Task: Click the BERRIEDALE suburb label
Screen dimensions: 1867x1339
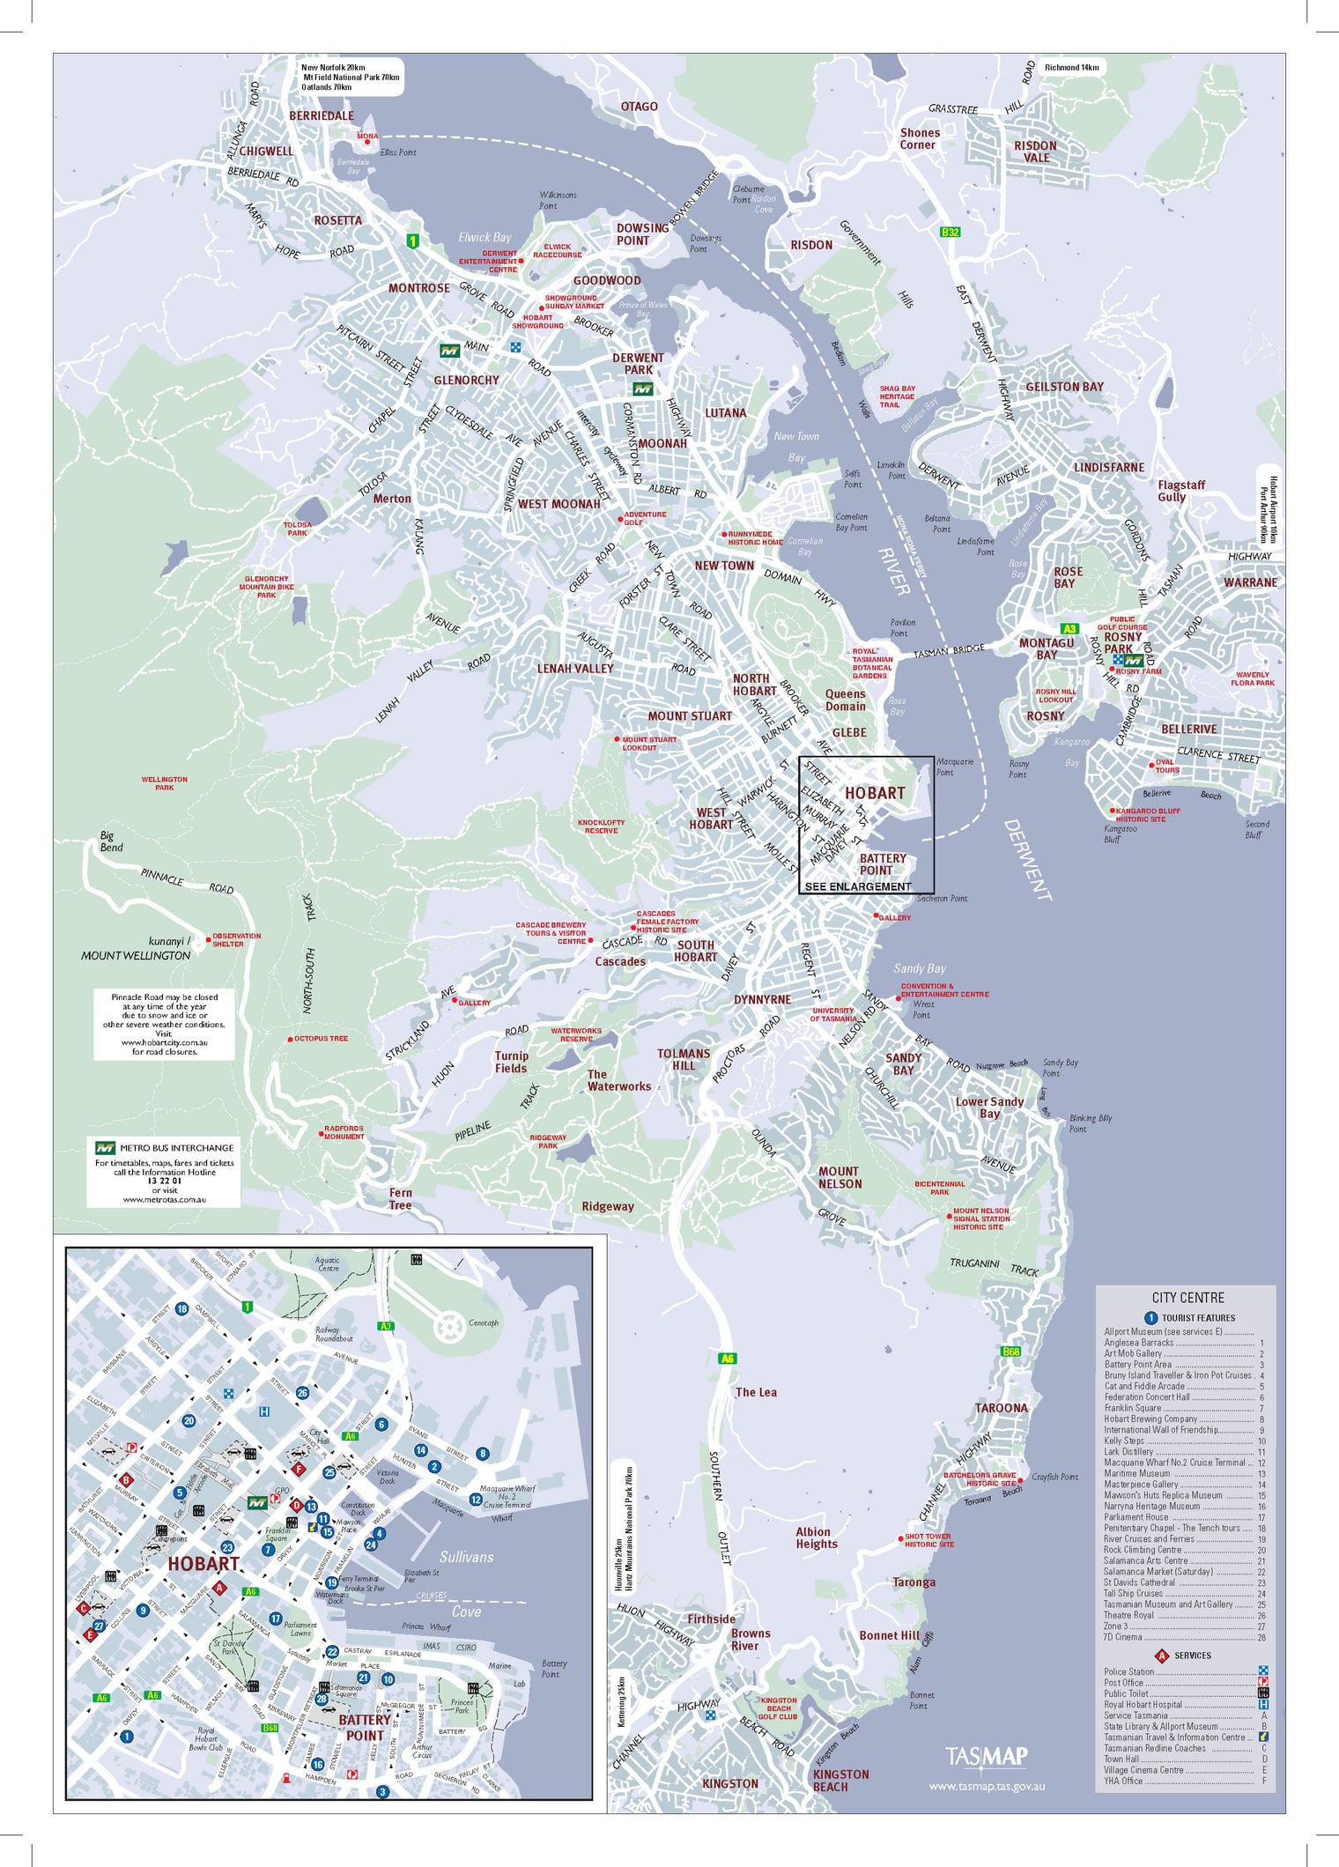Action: pos(322,115)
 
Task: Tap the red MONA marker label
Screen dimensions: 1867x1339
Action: pos(367,137)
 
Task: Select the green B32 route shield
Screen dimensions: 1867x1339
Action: pos(950,233)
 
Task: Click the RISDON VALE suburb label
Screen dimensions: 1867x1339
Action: pos(1035,152)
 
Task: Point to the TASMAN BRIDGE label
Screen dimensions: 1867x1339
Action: pos(949,651)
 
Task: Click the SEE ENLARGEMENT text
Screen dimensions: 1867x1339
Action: pos(858,886)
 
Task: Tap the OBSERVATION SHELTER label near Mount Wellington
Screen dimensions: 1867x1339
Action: pos(236,940)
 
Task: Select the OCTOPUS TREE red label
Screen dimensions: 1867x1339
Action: pos(321,1039)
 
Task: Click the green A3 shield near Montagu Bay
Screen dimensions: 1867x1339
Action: pos(1069,629)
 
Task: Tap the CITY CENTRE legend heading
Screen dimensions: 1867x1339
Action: pos(1187,1298)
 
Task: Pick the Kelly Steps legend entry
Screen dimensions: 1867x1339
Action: pos(1124,1441)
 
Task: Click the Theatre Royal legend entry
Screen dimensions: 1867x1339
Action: pos(1128,1615)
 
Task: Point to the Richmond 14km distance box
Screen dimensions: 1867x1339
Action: pos(1071,67)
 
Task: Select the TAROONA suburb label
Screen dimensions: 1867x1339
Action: pos(1001,1408)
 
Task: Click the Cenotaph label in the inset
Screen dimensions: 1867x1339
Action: pos(483,1322)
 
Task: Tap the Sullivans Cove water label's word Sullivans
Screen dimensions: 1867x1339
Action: pos(466,1557)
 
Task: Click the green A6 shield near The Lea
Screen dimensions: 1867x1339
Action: pos(727,1358)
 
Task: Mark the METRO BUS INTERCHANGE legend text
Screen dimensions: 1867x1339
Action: pos(176,1148)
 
